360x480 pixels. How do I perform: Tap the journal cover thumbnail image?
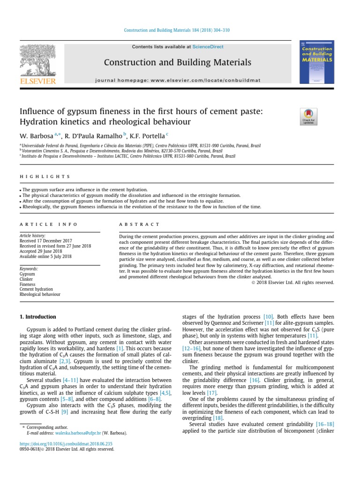coord(316,62)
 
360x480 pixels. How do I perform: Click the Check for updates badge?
coord(308,117)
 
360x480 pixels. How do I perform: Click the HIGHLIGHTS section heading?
coord(45,177)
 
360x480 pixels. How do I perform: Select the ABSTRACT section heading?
coord(133,225)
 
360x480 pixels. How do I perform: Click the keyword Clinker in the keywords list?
coord(26,279)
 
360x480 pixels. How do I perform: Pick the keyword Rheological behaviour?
coord(40,295)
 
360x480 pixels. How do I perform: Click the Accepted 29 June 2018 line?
coord(41,251)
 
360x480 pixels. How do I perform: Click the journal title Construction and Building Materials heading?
coord(177,62)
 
